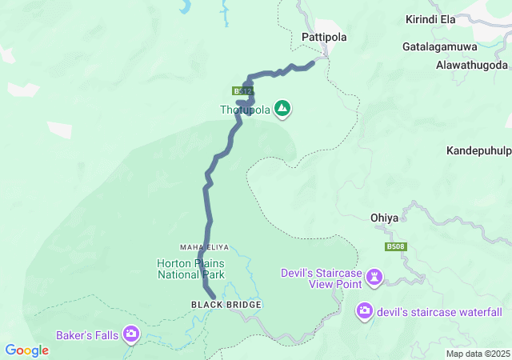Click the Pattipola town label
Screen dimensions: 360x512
322,37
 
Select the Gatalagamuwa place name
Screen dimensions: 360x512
440,46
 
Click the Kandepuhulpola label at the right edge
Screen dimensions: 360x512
478,150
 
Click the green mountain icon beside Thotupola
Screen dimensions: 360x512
282,107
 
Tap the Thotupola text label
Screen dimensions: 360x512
245,110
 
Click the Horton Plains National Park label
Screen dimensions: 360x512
191,269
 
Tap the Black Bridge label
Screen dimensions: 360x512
226,305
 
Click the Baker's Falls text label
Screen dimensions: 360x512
86,334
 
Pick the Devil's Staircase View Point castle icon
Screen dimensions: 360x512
374,277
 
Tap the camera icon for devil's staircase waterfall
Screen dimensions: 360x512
365,310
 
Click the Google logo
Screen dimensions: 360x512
27,350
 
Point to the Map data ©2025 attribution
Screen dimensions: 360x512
477,354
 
